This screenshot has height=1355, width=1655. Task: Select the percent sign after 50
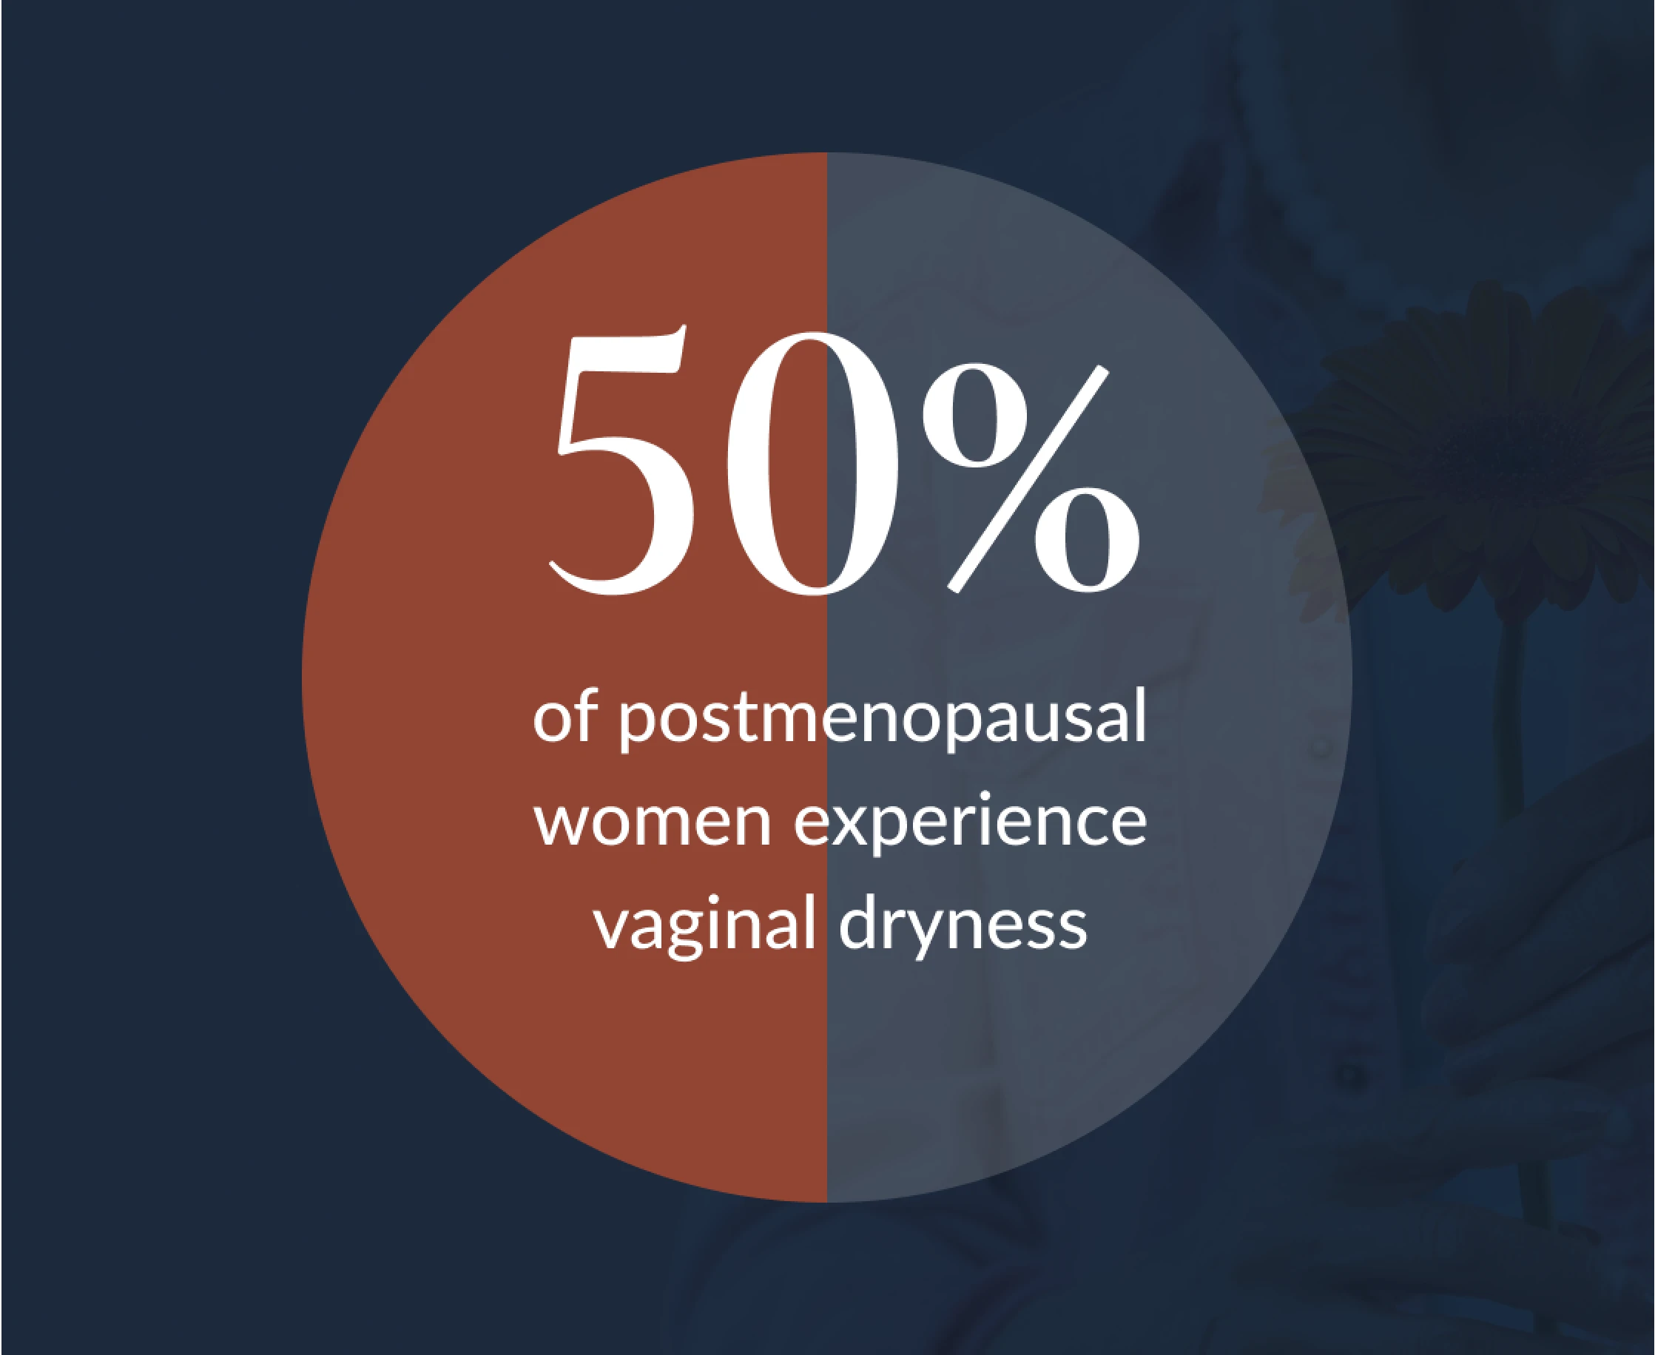1031,479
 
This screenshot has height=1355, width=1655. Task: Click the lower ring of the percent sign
1088,541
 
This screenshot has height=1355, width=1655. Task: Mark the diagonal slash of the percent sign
1028,479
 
